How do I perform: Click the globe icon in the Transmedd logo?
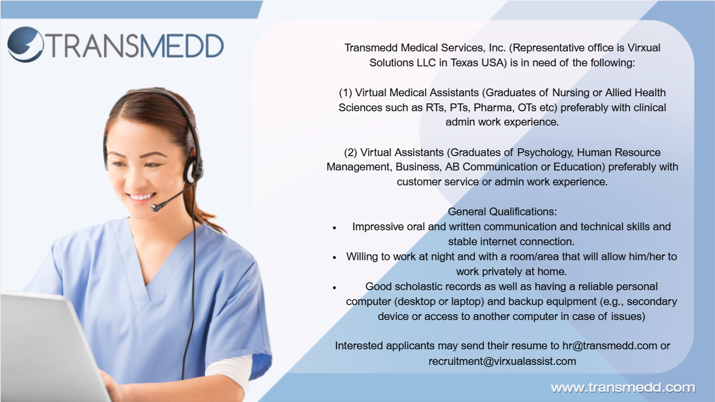(25, 44)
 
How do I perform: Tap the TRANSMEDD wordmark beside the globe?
(135, 46)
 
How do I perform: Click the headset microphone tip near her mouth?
(156, 208)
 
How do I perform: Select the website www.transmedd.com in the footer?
(623, 388)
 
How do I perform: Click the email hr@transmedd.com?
(610, 346)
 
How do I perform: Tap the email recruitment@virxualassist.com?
(502, 362)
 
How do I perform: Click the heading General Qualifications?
(502, 212)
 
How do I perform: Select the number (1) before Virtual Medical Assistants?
(345, 93)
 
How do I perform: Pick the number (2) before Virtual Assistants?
(351, 153)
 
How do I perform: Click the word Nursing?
(571, 93)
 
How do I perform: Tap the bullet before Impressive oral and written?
(334, 228)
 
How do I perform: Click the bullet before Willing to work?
(334, 258)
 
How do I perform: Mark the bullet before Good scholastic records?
(334, 288)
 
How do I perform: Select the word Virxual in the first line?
(644, 48)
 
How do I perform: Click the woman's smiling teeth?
(141, 197)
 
